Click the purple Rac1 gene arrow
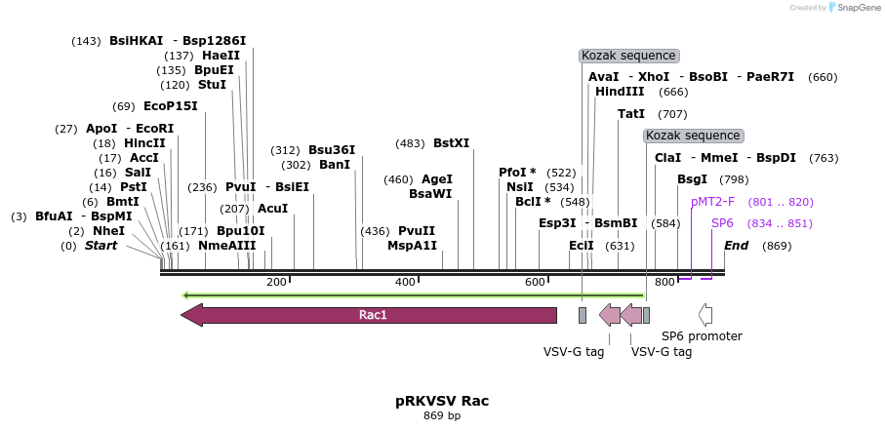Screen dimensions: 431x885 click(371, 315)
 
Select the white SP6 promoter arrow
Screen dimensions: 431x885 click(704, 315)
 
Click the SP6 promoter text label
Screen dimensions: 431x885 click(702, 336)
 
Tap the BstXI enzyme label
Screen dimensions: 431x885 click(451, 143)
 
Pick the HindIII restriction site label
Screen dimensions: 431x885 click(620, 92)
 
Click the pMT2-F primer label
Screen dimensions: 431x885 click(712, 202)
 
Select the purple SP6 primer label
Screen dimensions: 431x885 click(722, 223)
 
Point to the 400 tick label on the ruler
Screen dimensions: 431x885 click(406, 283)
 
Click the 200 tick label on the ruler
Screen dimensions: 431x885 click(276, 283)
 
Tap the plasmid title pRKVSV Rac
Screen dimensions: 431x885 click(442, 401)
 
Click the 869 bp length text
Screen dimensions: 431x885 click(442, 416)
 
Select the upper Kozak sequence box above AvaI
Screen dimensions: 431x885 click(628, 56)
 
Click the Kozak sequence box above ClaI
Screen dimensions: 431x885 click(693, 136)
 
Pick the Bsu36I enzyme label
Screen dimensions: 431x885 click(332, 150)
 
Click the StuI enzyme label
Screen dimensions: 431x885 click(212, 85)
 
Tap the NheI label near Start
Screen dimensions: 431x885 click(108, 231)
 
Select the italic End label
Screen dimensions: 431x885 click(736, 246)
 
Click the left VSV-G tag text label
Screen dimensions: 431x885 click(574, 352)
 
